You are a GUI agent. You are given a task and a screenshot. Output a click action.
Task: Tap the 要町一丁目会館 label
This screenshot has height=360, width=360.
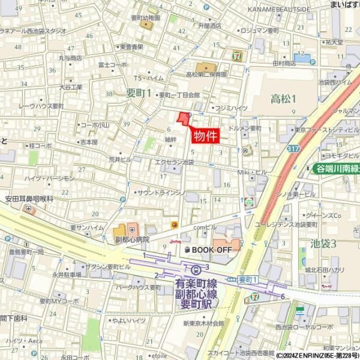click(x=179, y=95)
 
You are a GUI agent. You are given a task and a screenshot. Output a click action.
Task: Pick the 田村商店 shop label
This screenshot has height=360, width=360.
click(x=284, y=62)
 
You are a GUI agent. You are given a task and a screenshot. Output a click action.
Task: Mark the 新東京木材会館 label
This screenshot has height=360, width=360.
click(x=203, y=323)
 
